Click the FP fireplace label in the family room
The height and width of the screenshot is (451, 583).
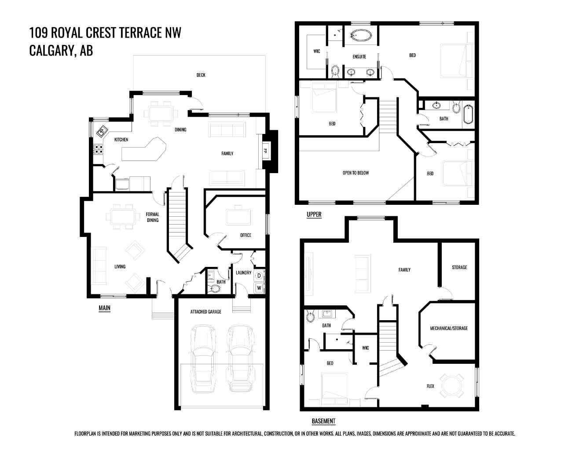265,151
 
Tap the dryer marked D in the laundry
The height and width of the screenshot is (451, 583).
259,276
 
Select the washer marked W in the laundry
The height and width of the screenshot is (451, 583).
259,288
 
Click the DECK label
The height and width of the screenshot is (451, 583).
201,75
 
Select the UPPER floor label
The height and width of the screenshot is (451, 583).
314,214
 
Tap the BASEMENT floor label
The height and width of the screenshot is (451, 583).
323,421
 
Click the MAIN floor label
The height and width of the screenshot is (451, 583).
104,308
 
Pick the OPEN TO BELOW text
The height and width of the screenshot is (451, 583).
356,173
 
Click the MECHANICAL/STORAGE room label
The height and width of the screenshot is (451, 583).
449,328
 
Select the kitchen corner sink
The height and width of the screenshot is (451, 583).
102,130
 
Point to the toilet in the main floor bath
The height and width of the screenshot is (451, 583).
216,289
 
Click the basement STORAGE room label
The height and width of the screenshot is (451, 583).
459,267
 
